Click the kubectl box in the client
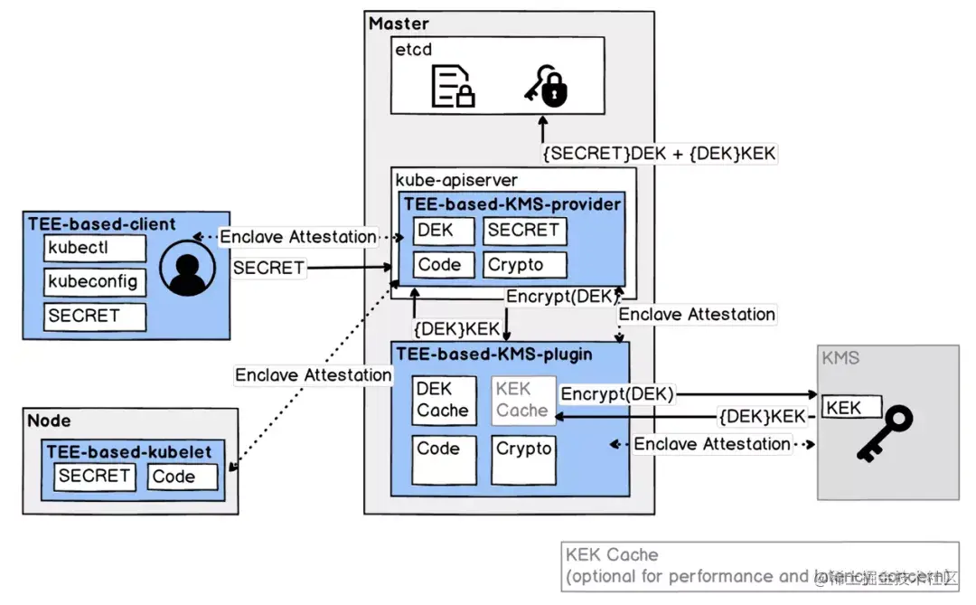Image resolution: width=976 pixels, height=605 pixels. point(95,247)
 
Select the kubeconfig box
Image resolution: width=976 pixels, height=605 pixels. point(95,281)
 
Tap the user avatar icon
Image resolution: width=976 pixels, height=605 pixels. point(186,269)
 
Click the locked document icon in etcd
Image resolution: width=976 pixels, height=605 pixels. point(453,87)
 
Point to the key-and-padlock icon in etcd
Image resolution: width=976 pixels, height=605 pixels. point(547,87)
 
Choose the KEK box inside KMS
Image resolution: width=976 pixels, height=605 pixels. point(849,407)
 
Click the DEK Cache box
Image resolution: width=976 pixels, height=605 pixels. point(443,401)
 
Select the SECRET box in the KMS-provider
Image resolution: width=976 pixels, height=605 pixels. point(525,231)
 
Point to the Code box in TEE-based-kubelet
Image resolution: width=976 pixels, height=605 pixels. point(183,477)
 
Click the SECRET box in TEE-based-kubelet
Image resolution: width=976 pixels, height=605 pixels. point(95,477)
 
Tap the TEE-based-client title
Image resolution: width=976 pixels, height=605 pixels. point(101,223)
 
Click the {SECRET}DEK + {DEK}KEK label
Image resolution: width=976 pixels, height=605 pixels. point(659,153)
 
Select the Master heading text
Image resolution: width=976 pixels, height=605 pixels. point(399,24)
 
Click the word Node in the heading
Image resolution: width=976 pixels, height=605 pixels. point(49,421)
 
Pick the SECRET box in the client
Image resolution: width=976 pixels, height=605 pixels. point(95,316)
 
